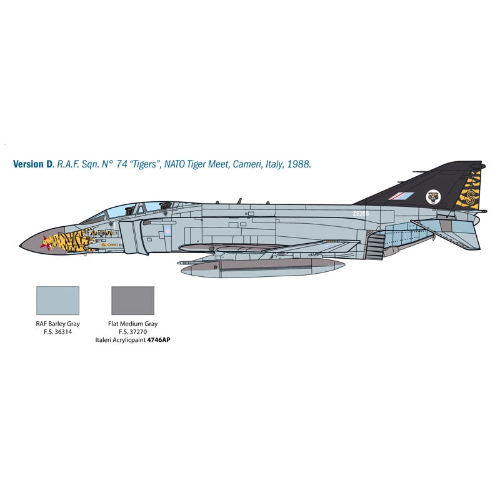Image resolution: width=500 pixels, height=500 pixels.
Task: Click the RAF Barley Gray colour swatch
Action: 58,301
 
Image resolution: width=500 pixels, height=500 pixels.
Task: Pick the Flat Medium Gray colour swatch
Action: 132,301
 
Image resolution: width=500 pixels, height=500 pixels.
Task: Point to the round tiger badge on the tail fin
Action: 432,197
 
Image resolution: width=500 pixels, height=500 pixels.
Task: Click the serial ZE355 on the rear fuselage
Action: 361,213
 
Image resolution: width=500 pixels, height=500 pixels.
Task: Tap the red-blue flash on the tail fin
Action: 398,196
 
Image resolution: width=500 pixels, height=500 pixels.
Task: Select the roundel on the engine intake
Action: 167,232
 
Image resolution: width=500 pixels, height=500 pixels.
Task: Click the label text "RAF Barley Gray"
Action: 58,324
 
